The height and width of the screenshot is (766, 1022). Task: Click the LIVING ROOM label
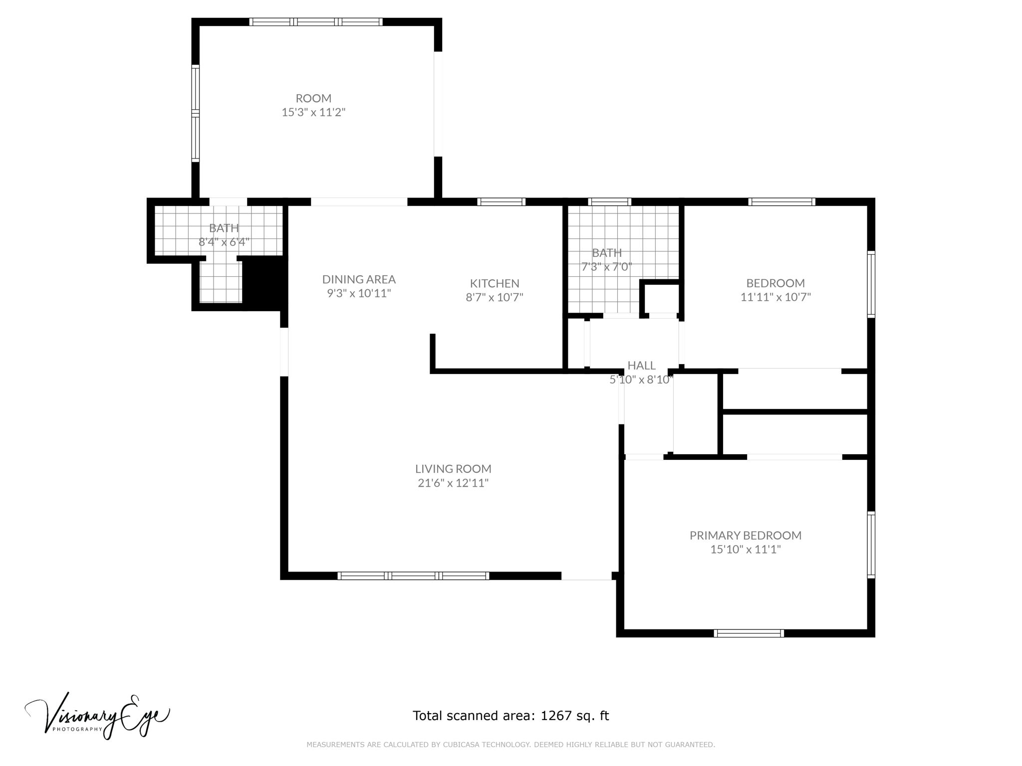453,469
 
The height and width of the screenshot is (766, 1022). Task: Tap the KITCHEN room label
495,283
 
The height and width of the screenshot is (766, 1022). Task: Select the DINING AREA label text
359,279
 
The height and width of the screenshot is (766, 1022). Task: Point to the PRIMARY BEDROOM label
746,535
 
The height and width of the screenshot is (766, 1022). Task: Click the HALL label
641,366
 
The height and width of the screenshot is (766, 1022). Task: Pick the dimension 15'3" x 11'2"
313,112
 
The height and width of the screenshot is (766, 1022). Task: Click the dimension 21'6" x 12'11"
453,483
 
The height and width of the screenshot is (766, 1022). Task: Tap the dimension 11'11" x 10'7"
775,297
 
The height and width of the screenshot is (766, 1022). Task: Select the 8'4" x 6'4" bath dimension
224,242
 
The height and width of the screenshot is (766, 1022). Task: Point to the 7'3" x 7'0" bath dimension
607,267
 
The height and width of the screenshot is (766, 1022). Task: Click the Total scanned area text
511,716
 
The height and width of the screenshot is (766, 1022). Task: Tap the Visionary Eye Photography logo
98,715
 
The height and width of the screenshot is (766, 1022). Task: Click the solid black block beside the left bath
265,283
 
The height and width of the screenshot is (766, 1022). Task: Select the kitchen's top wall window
501,202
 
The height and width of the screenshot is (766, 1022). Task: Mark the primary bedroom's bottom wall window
749,633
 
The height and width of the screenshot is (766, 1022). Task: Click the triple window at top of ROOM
316,22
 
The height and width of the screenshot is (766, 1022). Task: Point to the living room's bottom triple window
413,576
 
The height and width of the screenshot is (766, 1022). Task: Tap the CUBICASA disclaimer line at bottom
511,745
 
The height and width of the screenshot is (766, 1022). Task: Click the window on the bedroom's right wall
871,284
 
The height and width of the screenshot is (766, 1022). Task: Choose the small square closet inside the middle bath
660,298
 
